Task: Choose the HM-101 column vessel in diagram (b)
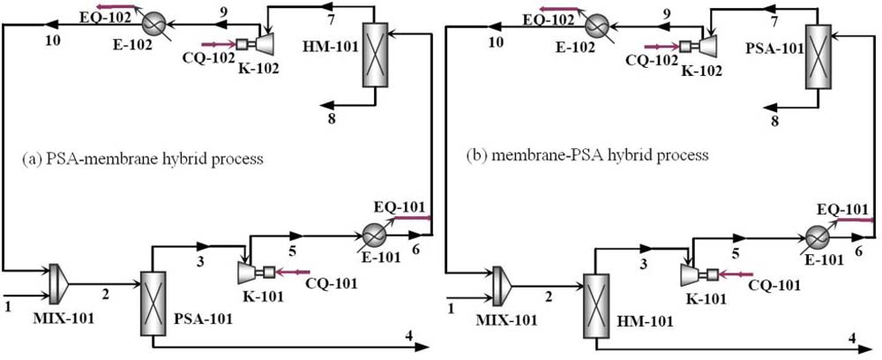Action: point(596,306)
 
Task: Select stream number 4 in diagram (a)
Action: point(408,335)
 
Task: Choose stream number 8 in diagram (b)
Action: point(774,122)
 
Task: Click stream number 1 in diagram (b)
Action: point(453,307)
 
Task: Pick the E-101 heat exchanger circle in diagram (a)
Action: point(372,235)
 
